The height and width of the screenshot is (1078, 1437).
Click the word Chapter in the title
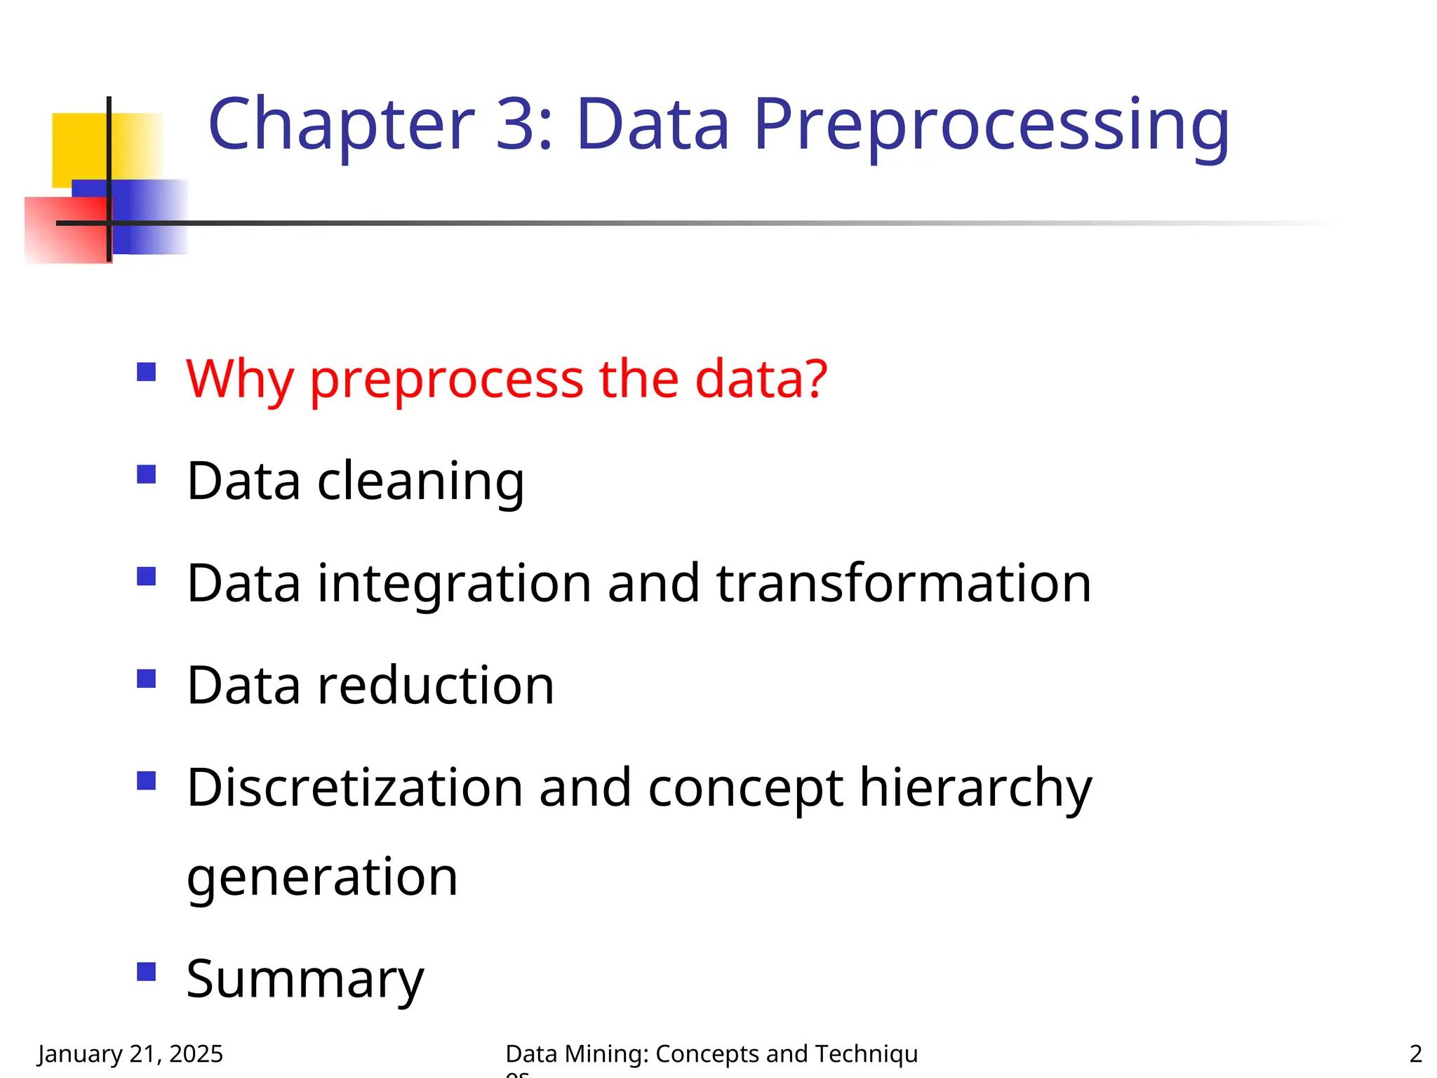coord(341,125)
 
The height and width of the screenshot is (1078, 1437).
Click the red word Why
coord(239,380)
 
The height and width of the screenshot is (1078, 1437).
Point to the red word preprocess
coord(446,380)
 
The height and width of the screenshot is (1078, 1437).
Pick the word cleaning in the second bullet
coord(420,482)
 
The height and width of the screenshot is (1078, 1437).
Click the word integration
coord(455,584)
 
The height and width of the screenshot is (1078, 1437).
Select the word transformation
coord(904,584)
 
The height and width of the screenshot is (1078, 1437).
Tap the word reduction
coord(436,686)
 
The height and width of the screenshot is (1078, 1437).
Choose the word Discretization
coord(355,787)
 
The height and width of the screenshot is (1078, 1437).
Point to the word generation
coord(322,877)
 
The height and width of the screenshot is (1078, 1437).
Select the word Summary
coord(305,980)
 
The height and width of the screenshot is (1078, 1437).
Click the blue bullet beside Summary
coord(146,972)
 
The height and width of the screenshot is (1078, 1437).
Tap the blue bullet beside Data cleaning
coord(146,474)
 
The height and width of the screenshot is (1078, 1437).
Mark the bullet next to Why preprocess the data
coord(146,371)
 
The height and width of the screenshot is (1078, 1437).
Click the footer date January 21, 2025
coord(131,1053)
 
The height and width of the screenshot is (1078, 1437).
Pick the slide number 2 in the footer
coord(1415,1053)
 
